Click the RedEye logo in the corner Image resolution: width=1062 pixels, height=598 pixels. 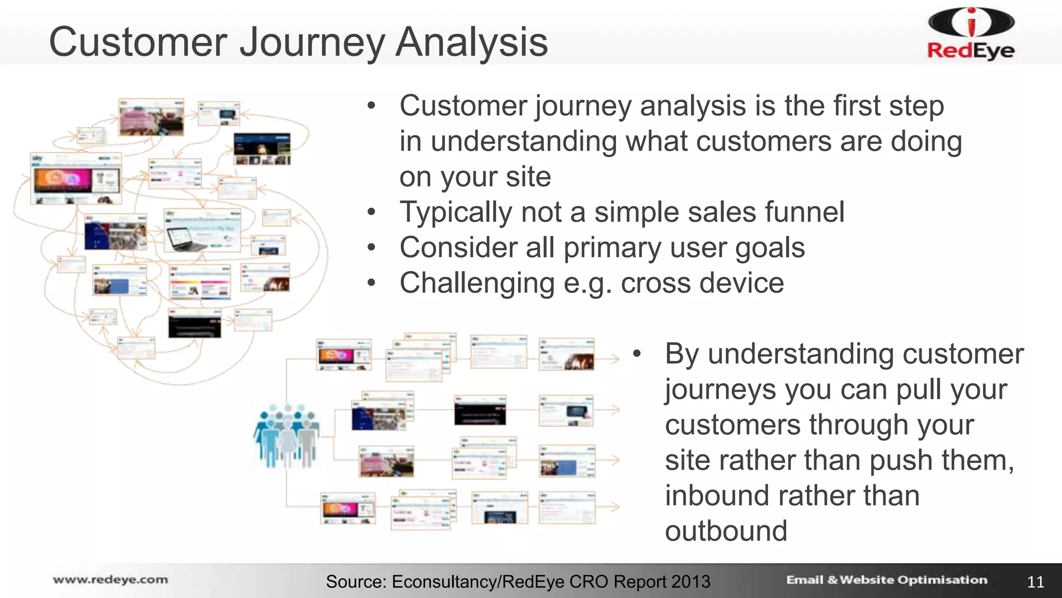click(x=971, y=34)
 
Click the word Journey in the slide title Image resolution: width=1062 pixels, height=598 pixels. click(x=312, y=43)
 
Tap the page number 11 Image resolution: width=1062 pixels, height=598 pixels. click(x=1035, y=582)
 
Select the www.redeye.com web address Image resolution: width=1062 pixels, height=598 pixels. click(x=110, y=580)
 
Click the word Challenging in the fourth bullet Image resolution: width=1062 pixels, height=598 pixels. click(x=477, y=283)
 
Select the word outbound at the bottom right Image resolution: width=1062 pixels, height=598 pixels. click(x=726, y=531)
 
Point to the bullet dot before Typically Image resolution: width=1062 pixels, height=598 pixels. click(x=371, y=212)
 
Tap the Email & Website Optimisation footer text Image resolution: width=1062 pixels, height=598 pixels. click(x=886, y=580)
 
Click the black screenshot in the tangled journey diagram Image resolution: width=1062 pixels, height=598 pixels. click(x=194, y=323)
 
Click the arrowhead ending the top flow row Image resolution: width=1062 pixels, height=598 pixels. click(x=614, y=358)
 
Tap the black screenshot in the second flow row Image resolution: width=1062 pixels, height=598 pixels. click(x=480, y=411)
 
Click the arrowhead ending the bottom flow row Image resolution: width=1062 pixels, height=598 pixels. click(x=614, y=507)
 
